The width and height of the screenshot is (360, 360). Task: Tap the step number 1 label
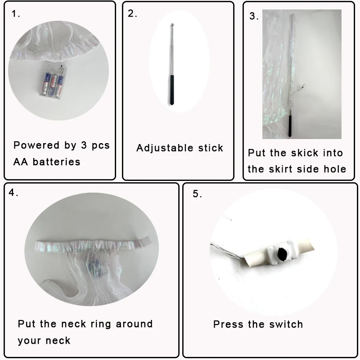coord(16,14)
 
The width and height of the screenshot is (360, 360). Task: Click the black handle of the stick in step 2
coord(172,90)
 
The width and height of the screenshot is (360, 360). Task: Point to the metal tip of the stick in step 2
coord(172,25)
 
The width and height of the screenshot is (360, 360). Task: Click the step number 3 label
coord(254,16)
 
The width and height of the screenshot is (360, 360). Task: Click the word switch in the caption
coord(286,324)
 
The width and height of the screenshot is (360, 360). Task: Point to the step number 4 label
coord(13,193)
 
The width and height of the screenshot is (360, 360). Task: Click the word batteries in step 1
coord(57,162)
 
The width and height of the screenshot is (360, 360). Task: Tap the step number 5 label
coord(197,194)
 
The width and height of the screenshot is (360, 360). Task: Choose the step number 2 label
coord(132,13)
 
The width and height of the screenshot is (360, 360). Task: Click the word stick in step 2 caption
coord(211,148)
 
